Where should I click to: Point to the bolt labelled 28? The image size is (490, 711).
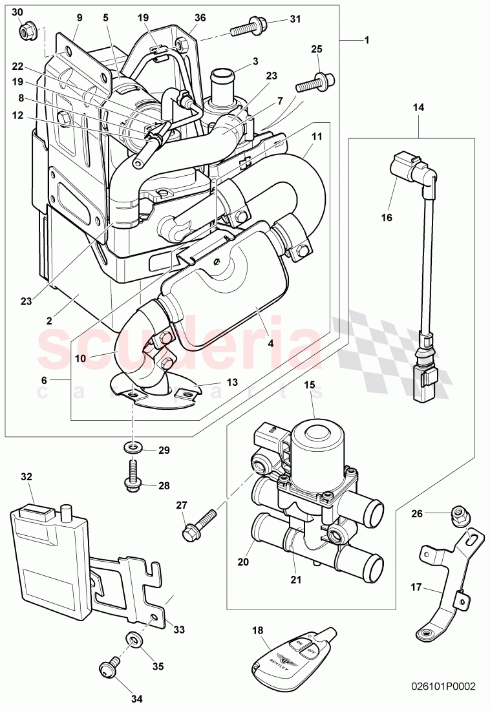pos(133,474)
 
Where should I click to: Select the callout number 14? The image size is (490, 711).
pos(418,109)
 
